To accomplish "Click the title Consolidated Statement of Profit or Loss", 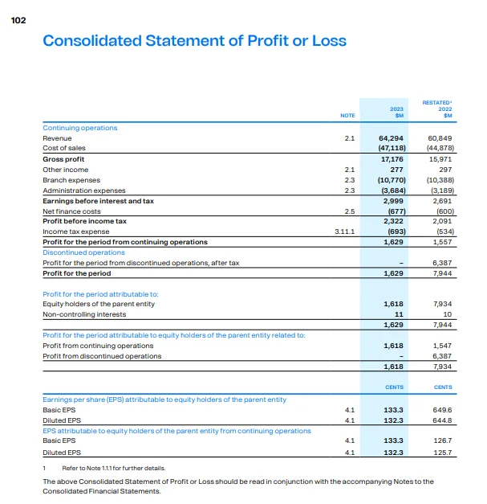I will [x=194, y=40].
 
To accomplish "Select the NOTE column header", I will [x=347, y=116].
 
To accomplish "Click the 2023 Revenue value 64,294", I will [x=390, y=138].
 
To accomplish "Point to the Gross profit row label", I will [x=63, y=159].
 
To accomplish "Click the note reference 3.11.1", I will [x=343, y=232].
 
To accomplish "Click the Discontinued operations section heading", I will [x=83, y=252].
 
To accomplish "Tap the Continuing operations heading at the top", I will [x=79, y=128].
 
